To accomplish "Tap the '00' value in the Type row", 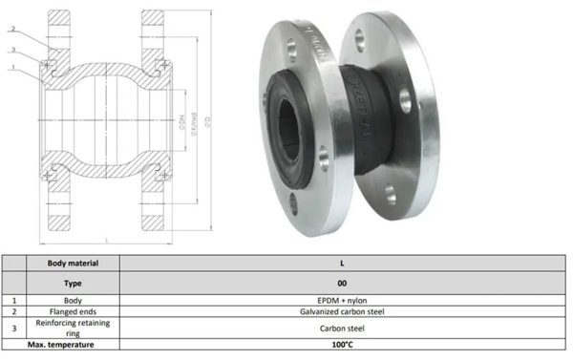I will (x=342, y=284).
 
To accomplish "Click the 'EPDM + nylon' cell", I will (x=342, y=300).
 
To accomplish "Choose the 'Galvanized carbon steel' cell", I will (x=342, y=312).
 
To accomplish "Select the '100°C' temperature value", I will (x=342, y=346).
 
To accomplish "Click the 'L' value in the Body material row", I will (x=342, y=262).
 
